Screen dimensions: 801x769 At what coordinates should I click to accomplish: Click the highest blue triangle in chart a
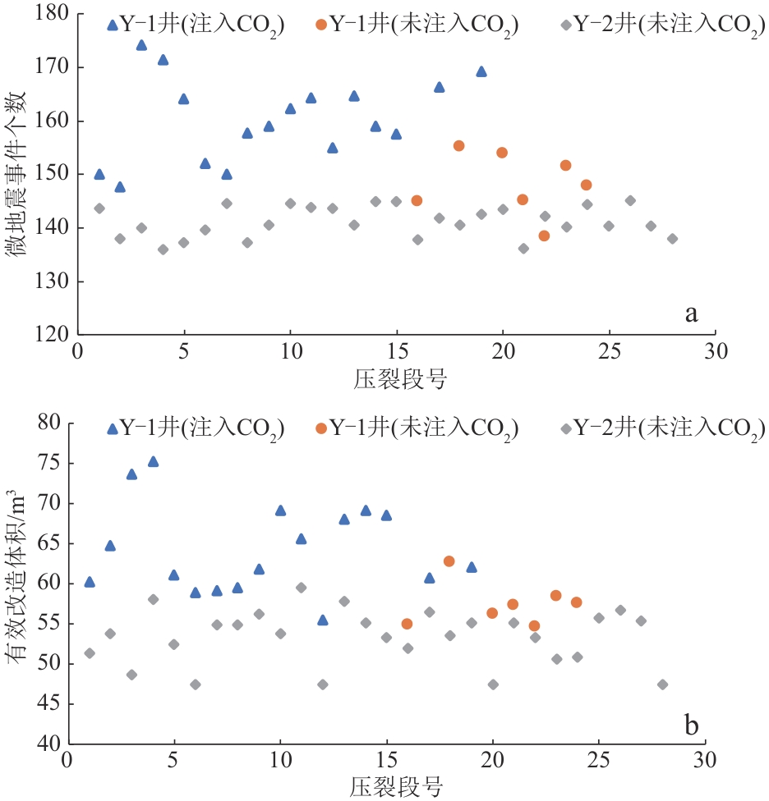tap(141, 45)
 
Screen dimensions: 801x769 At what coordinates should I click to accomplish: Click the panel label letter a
tap(691, 313)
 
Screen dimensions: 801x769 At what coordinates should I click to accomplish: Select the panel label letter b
tap(691, 725)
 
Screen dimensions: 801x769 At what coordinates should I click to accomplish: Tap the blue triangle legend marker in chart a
tap(113, 25)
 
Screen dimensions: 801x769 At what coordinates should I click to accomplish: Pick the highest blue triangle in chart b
tap(153, 461)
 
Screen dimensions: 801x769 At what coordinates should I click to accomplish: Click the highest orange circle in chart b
tap(449, 561)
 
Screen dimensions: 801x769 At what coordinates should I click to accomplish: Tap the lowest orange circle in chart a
tap(544, 236)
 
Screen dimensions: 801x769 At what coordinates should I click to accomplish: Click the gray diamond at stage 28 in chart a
tap(672, 239)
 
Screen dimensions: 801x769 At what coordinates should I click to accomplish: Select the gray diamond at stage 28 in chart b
tap(662, 684)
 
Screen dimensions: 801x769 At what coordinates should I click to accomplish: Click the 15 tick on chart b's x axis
tap(386, 760)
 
